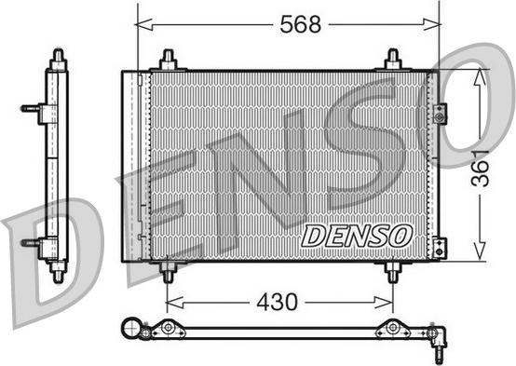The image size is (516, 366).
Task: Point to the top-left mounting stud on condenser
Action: click(168, 60)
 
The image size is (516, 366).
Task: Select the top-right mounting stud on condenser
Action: click(392, 60)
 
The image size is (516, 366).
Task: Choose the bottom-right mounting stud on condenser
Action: click(392, 271)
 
